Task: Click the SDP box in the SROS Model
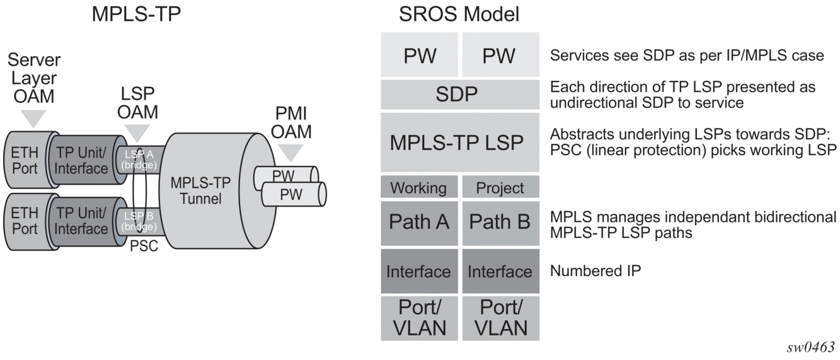click(460, 95)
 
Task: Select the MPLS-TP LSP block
click(460, 142)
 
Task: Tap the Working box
click(419, 187)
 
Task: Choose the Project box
click(501, 187)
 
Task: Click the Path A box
click(419, 223)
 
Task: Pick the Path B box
click(501, 223)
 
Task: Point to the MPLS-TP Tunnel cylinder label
click(200, 191)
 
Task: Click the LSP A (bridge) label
click(139, 160)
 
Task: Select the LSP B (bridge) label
click(139, 221)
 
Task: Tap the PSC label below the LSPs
click(144, 246)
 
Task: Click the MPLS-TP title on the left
click(136, 15)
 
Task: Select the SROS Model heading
click(459, 15)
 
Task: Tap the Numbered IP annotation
click(595, 270)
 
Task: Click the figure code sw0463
click(811, 347)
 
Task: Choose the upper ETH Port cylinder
click(30, 160)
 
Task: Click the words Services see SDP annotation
click(616, 55)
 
